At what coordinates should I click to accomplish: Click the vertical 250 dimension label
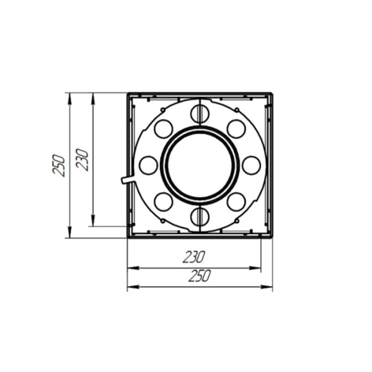pos(59,166)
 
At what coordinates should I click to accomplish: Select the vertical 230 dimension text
pos(82,160)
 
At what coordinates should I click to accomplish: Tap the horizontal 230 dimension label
pos(193,257)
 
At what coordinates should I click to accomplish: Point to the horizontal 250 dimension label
pos(200,276)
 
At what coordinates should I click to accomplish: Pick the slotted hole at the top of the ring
pos(200,113)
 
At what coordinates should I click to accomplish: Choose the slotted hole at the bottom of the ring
pos(200,217)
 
